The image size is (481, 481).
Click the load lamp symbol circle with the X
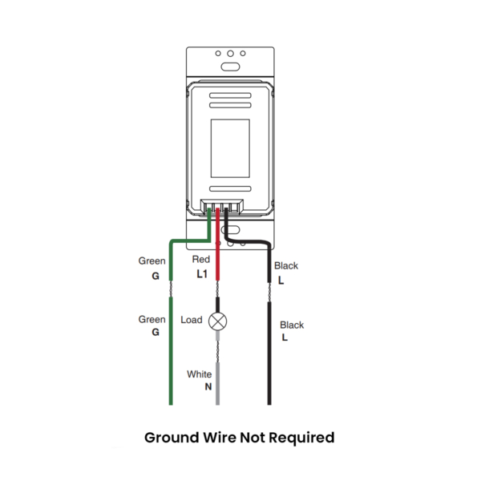coord(217,321)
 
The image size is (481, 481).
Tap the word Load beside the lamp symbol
coord(192,320)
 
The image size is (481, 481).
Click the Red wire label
coord(201,259)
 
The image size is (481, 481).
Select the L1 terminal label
coord(202,274)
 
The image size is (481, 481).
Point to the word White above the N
coord(199,374)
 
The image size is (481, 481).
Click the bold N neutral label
coord(208,387)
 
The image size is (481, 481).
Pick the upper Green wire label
coord(152,261)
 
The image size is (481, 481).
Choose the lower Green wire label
coord(152,319)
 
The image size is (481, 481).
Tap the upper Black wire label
coord(286,265)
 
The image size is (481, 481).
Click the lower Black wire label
coord(292,325)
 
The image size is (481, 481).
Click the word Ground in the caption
coord(172,438)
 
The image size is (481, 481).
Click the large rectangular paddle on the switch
coord(230,148)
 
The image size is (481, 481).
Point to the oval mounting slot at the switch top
coord(230,67)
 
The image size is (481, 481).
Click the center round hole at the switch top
coord(230,54)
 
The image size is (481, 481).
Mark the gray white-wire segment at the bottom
coord(218,384)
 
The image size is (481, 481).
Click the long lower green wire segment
coord(171,351)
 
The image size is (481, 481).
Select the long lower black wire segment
coord(269,354)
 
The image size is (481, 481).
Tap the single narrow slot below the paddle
coord(230,188)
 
